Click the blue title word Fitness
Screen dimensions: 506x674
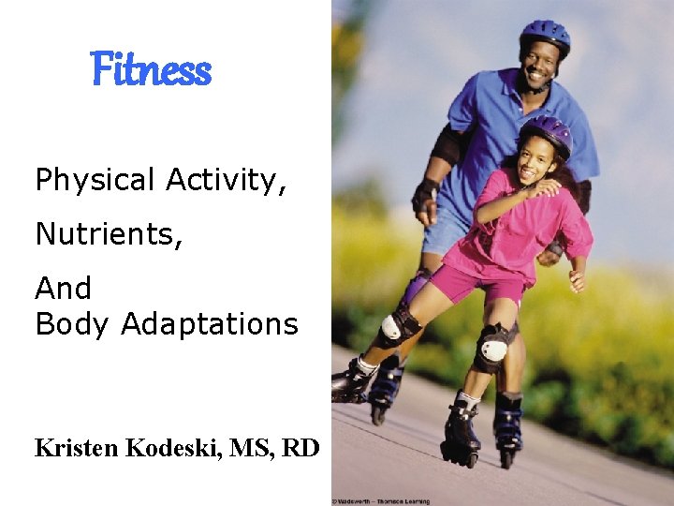[151, 70]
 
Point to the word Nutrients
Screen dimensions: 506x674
[109, 233]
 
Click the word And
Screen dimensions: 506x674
[63, 288]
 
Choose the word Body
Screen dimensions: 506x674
[73, 324]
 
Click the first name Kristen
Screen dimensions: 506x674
[77, 448]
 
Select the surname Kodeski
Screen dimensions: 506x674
[171, 448]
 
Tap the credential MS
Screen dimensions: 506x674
[251, 448]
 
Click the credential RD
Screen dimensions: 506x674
[300, 448]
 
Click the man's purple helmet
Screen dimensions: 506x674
[546, 36]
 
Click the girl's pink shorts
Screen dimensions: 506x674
[487, 282]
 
